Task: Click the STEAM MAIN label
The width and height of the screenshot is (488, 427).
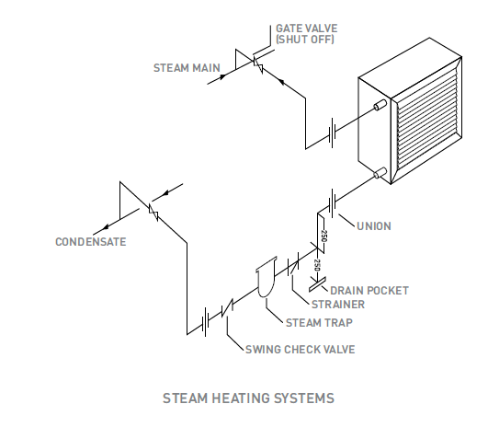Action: click(187, 68)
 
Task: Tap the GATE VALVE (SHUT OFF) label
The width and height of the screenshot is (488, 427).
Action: click(307, 34)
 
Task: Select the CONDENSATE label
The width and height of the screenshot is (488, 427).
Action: click(91, 242)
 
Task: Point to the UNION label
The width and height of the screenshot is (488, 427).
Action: click(374, 226)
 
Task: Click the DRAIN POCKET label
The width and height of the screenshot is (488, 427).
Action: click(369, 291)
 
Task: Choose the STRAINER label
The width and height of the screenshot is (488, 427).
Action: click(338, 305)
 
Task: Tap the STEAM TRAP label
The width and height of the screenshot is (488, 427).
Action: click(319, 323)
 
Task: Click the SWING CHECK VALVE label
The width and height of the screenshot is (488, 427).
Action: click(301, 350)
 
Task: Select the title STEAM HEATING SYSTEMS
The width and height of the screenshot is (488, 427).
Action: click(249, 398)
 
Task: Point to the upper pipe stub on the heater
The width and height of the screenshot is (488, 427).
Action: click(380, 105)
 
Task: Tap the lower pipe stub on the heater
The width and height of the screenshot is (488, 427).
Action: click(380, 173)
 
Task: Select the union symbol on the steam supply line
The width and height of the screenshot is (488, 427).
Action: click(333, 133)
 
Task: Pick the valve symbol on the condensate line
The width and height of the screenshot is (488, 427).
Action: click(153, 213)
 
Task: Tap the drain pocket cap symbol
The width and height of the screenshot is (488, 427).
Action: click(317, 284)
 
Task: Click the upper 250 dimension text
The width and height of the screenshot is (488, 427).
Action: click(323, 236)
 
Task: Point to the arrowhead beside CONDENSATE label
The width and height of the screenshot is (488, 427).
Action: click(106, 226)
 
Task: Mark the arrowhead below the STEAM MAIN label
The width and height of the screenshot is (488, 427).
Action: click(222, 76)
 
